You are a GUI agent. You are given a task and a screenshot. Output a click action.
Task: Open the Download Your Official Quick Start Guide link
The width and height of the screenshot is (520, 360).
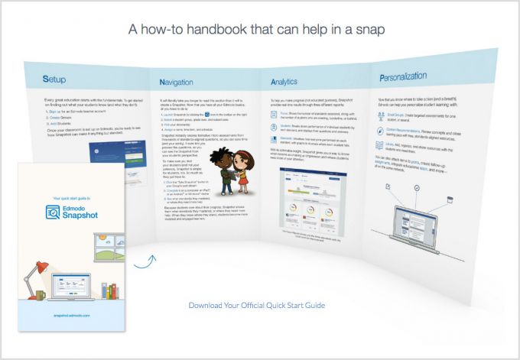[257, 306]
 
